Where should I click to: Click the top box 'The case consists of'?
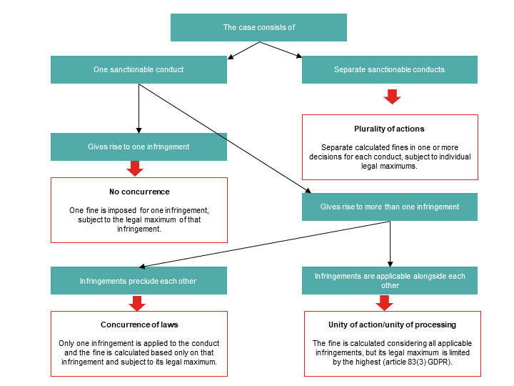[x=258, y=28]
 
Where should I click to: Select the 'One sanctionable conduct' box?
[x=138, y=69]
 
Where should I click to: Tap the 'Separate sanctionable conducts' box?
[x=390, y=69]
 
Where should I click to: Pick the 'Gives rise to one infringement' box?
[x=138, y=147]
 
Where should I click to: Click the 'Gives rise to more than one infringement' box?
[x=390, y=207]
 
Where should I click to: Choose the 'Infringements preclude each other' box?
[x=138, y=281]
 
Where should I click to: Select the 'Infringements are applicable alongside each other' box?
[x=390, y=281]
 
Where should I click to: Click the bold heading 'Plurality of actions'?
[x=389, y=129]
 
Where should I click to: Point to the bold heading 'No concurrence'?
[x=139, y=192]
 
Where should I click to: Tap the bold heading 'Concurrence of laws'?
[x=139, y=325]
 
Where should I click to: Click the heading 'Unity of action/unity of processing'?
[x=392, y=325]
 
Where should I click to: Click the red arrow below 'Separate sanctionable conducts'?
[x=392, y=96]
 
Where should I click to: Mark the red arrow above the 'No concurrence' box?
[x=135, y=169]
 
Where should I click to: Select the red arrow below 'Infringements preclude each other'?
[x=137, y=303]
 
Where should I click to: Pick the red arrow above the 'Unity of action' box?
[x=384, y=302]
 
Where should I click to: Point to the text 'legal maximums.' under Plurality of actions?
[x=389, y=166]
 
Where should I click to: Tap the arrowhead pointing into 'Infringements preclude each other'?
[x=142, y=267]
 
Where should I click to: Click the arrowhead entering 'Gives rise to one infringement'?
[x=138, y=131]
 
